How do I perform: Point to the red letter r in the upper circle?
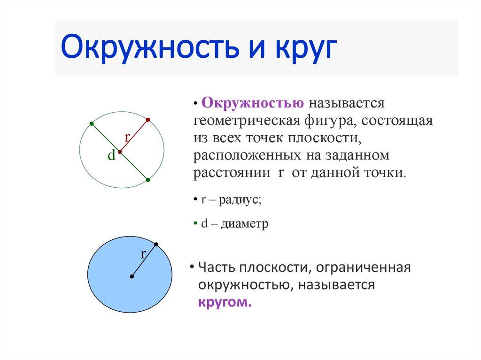click(x=127, y=137)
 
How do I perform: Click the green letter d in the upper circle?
click(x=111, y=156)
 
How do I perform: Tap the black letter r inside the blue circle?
click(x=144, y=254)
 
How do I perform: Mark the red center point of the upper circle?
click(x=120, y=152)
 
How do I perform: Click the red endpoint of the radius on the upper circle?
click(x=147, y=120)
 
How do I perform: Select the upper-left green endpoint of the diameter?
click(x=91, y=123)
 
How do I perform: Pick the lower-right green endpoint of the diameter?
click(x=147, y=180)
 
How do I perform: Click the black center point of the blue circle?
click(x=132, y=277)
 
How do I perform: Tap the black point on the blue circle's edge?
click(x=156, y=244)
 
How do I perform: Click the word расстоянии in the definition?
click(x=229, y=172)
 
